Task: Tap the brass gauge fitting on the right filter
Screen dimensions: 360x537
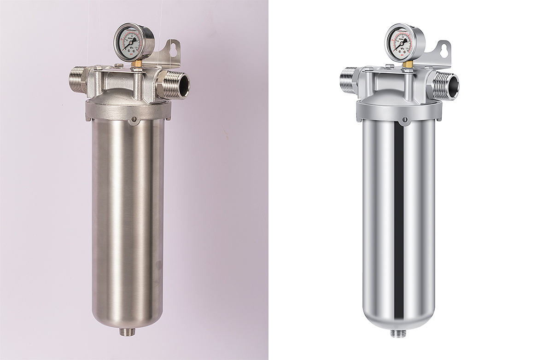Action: tap(408, 65)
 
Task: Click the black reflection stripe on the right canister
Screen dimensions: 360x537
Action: tap(399, 221)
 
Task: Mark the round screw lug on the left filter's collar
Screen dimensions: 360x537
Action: tap(134, 120)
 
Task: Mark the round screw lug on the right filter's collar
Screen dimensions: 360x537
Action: tap(405, 120)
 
